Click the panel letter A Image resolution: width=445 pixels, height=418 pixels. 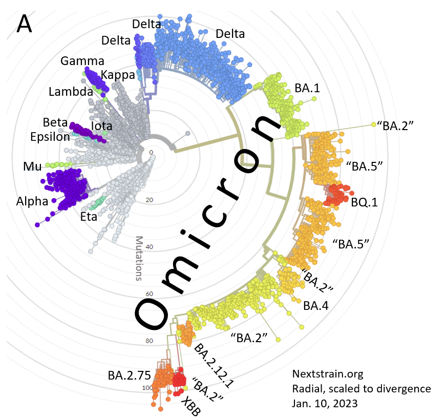[25, 23]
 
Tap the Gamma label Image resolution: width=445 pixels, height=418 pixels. [82, 61]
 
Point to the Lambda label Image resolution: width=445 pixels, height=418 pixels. [71, 92]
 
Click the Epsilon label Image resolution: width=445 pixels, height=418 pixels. [50, 137]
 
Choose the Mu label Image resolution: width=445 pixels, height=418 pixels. [33, 166]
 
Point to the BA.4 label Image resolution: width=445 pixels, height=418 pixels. [316, 306]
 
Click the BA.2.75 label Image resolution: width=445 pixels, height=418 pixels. [129, 374]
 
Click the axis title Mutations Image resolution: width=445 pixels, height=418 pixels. [138, 258]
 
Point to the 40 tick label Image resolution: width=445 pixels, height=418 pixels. [149, 246]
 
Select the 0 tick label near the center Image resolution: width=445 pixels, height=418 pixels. [151, 152]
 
